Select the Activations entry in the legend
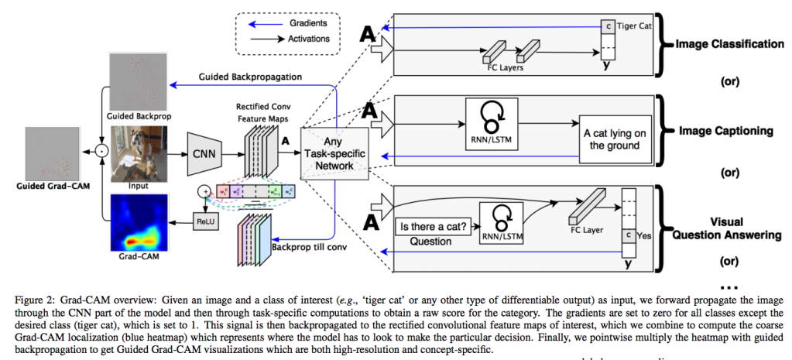[x=308, y=38]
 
